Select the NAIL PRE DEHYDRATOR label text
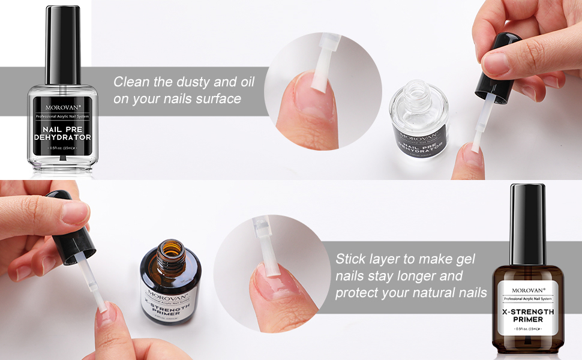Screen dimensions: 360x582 62,133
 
